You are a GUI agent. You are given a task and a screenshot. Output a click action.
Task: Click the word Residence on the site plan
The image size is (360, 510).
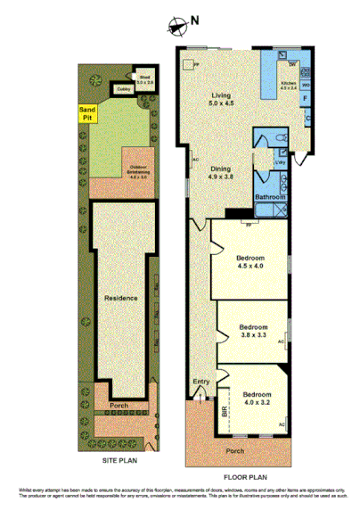[120, 297]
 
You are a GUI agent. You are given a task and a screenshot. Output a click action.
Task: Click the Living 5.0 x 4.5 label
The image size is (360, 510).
[221, 99]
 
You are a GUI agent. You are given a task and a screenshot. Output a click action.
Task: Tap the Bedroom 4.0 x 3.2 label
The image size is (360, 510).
[258, 398]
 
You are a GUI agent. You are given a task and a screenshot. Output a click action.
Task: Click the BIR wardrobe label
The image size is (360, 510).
[225, 414]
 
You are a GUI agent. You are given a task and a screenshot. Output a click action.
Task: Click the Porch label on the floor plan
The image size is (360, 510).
[235, 451]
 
